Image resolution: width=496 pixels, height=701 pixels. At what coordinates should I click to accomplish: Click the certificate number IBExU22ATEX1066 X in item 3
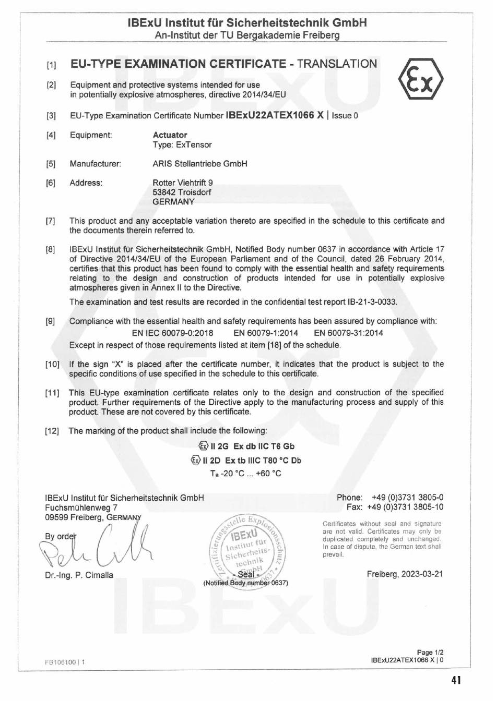[x=274, y=115]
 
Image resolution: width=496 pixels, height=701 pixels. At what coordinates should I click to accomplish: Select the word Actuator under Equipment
[x=170, y=135]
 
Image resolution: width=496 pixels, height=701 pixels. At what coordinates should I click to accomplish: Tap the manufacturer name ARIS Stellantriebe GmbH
[x=200, y=164]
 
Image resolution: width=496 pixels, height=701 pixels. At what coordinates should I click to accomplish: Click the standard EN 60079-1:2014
[x=266, y=333]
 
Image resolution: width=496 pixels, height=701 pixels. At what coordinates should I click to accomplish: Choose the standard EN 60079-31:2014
[x=348, y=333]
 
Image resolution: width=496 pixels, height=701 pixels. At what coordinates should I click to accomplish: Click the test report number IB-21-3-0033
[x=372, y=302]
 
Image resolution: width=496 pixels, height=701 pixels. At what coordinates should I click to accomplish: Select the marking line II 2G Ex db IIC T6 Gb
[x=246, y=446]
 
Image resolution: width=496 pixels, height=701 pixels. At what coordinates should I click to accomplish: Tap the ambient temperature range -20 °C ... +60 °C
[x=251, y=474]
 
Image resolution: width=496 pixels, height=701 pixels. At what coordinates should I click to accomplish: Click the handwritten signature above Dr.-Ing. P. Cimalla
[x=97, y=548]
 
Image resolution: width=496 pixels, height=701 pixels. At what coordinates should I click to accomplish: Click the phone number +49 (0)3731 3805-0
[x=407, y=498]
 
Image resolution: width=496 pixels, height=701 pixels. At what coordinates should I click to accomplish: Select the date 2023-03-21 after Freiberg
[x=422, y=574]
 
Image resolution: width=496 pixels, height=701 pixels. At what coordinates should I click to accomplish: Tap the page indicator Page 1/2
[x=430, y=652]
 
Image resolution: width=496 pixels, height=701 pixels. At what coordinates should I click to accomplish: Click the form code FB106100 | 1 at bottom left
[x=65, y=662]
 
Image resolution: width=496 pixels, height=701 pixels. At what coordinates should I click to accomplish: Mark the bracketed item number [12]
[x=52, y=431]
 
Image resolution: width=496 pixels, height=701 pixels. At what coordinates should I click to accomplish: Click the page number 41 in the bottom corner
[x=456, y=680]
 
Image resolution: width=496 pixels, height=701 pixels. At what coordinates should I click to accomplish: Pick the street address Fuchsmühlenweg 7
[x=81, y=507]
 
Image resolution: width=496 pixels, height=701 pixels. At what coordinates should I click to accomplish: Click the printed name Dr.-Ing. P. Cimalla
[x=79, y=575]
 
